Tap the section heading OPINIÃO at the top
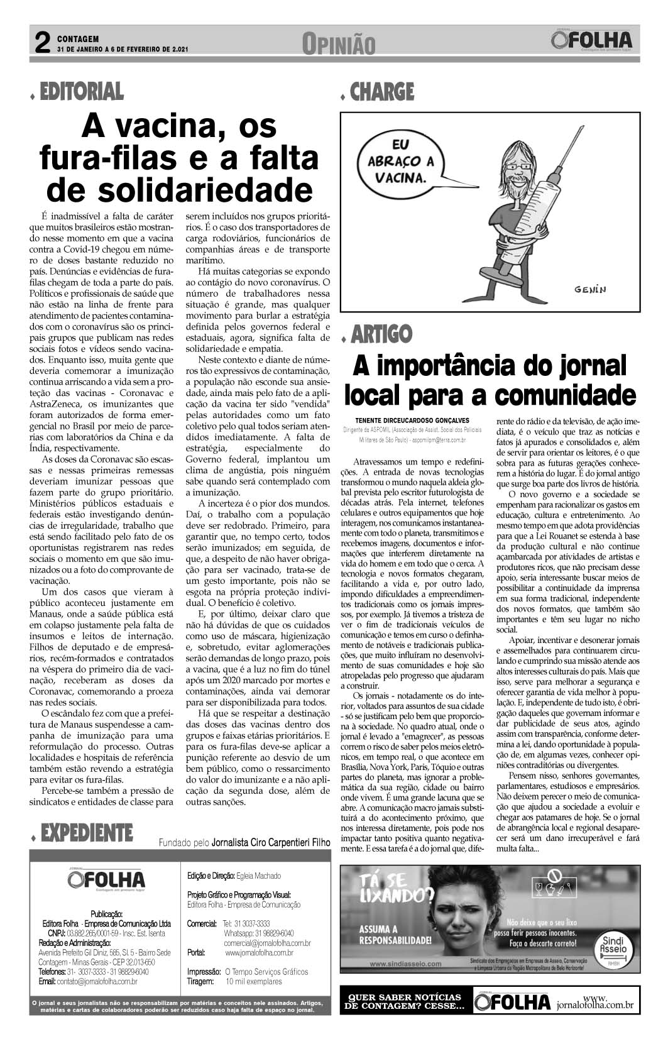(x=338, y=45)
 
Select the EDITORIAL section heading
(x=81, y=92)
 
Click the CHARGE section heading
(x=382, y=92)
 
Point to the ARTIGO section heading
(x=381, y=334)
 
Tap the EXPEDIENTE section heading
(x=86, y=833)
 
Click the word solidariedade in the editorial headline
(x=180, y=189)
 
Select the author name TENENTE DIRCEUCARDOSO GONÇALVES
(x=412, y=421)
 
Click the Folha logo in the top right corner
(x=592, y=41)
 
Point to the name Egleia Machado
(x=258, y=876)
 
